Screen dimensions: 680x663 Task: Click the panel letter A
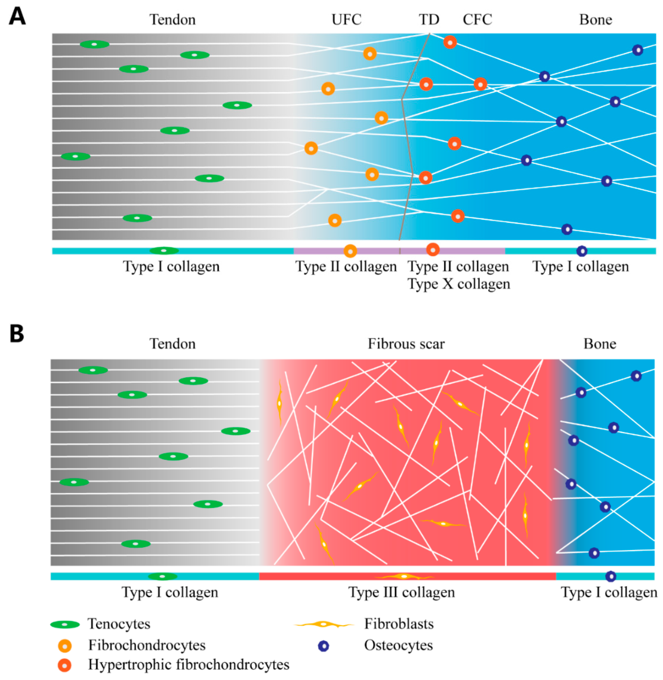[17, 16]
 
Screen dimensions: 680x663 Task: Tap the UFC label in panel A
[346, 20]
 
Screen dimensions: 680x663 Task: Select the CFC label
[477, 20]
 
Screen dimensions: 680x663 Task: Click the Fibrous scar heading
[406, 344]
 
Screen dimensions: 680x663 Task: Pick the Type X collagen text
[459, 284]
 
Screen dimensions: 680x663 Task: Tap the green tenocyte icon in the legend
[65, 625]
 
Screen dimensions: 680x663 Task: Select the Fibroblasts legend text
[399, 624]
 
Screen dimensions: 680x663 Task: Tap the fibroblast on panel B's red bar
[404, 576]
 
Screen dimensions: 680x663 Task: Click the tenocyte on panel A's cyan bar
[164, 251]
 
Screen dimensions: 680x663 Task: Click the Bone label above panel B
[600, 344]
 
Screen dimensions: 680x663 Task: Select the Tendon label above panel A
[172, 20]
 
